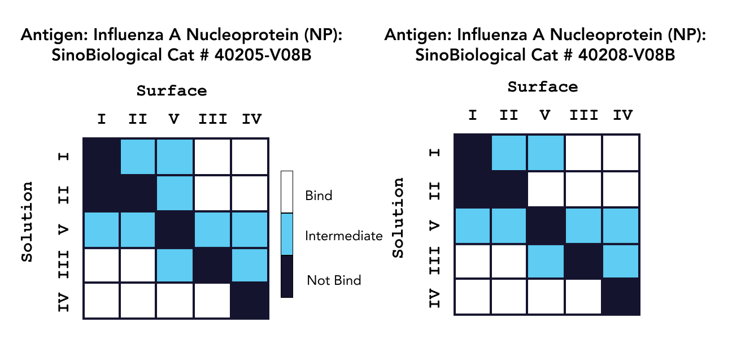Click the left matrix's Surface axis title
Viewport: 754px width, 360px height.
[171, 91]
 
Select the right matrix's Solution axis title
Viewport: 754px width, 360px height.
[399, 218]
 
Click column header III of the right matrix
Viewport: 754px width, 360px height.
[584, 116]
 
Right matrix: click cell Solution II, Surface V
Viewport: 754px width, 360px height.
[546, 189]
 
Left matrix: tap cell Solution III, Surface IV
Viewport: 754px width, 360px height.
[249, 264]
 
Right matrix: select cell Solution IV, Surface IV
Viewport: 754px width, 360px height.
[621, 297]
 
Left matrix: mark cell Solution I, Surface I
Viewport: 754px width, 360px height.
[102, 157]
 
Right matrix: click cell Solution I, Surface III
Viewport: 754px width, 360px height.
[584, 153]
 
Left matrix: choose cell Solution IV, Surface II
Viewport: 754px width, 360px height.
[138, 301]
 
